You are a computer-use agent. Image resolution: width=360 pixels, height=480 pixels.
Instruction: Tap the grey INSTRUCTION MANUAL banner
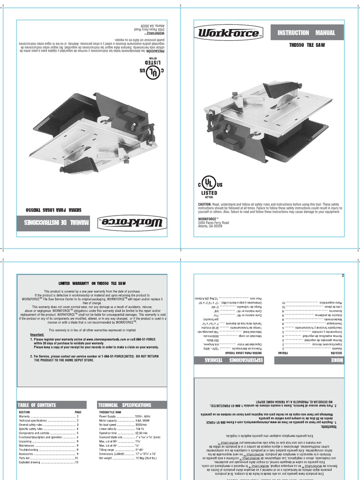point(307,33)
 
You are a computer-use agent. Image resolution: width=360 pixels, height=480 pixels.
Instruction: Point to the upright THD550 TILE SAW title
point(307,45)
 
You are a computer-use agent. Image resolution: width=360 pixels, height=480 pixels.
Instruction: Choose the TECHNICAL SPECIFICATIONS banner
point(125,405)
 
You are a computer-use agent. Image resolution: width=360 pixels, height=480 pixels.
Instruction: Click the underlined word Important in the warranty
point(37,335)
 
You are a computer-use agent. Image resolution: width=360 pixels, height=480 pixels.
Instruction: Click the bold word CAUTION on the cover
point(205,205)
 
